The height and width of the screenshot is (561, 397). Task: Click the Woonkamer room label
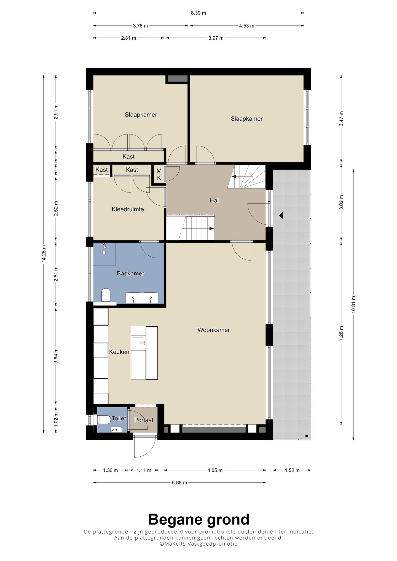click(214, 330)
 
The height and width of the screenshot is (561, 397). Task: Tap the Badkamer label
click(130, 273)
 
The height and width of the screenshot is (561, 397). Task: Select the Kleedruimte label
click(128, 209)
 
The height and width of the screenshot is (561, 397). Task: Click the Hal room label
click(214, 200)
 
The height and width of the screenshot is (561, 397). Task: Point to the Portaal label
click(143, 420)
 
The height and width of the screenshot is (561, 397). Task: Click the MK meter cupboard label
click(159, 175)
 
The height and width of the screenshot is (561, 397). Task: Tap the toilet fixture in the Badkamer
click(106, 295)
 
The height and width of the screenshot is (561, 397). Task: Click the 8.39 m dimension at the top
click(198, 13)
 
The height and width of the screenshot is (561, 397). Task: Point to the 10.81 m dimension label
click(354, 304)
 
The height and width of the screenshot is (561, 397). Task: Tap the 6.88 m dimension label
click(179, 483)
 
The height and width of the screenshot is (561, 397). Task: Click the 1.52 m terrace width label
click(292, 470)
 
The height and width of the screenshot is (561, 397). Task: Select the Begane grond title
click(199, 519)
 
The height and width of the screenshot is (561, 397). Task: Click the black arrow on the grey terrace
click(281, 215)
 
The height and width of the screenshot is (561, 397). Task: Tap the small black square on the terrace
click(307, 436)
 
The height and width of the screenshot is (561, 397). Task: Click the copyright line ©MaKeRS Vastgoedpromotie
click(198, 544)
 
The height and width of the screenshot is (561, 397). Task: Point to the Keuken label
click(119, 352)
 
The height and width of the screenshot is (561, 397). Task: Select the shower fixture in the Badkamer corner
click(104, 249)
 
